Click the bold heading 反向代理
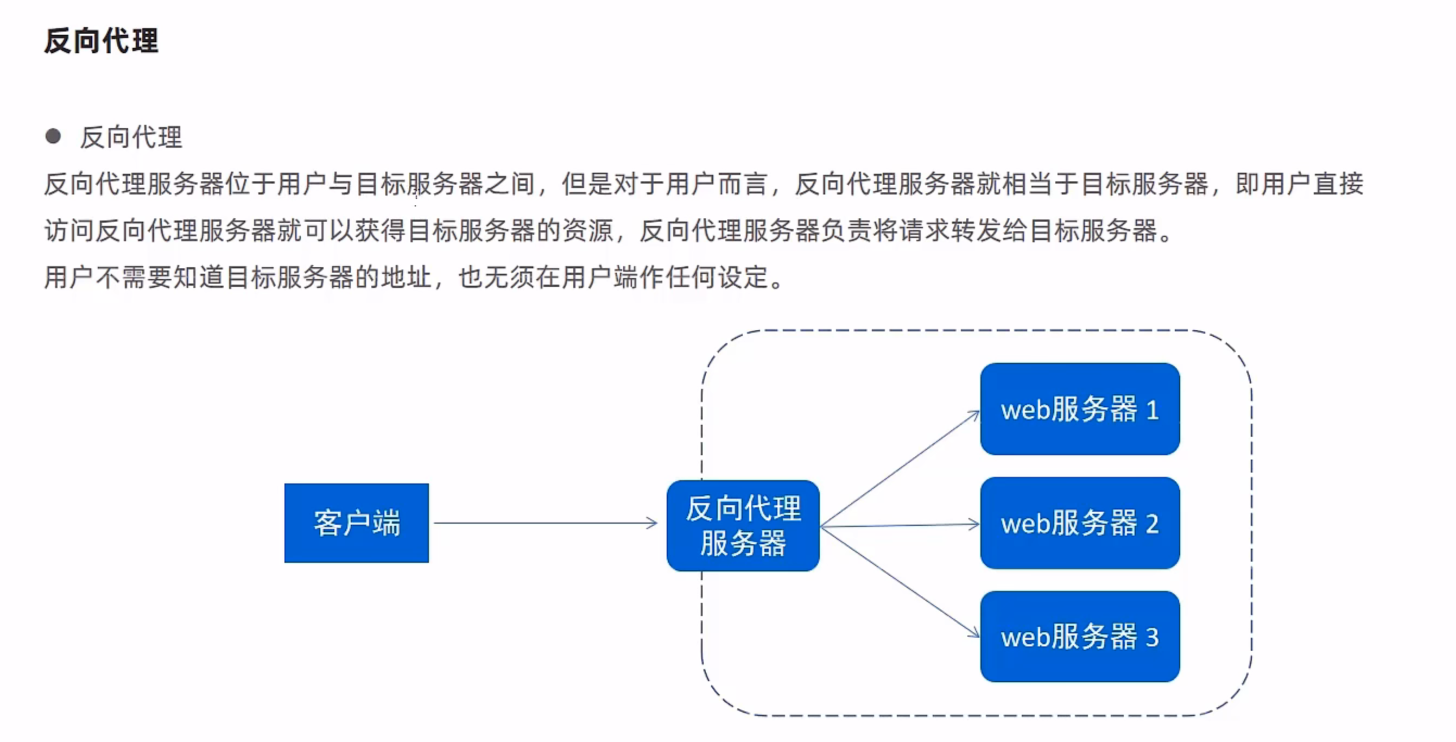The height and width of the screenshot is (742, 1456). (101, 41)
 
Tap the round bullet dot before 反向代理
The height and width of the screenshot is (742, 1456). (53, 136)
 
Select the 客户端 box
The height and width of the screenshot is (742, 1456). (356, 523)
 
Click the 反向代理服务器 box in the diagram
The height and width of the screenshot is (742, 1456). (743, 525)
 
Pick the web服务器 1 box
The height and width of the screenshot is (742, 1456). (1080, 409)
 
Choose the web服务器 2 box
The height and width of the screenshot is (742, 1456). (1080, 523)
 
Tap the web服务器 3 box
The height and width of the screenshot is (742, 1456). (1080, 637)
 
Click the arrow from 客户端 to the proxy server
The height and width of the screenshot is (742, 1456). (546, 523)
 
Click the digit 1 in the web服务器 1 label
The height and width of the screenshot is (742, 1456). (1153, 410)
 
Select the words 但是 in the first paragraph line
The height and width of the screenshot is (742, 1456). (587, 184)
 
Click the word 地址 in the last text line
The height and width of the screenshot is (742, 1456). (407, 278)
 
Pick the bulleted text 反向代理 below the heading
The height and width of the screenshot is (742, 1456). (131, 137)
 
